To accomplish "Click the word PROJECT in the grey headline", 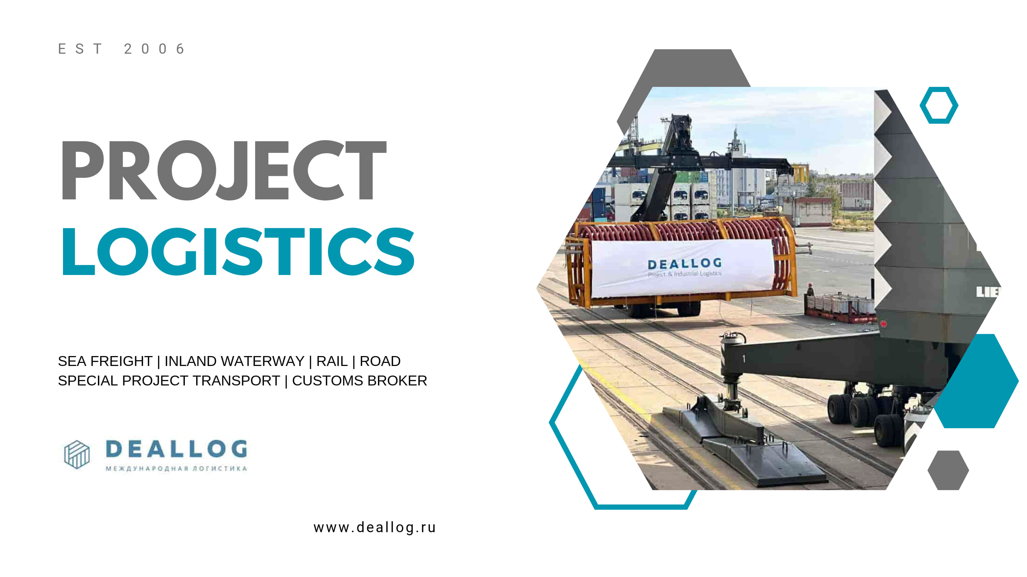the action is tap(224, 170).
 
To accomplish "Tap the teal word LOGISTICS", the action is tap(238, 251).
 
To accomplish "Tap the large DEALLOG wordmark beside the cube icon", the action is tap(176, 449).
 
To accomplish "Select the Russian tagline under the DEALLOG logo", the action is tap(176, 468).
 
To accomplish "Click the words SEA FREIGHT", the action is tap(105, 361).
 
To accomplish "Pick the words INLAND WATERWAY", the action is tap(234, 361).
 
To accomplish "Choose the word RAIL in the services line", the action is tap(332, 361).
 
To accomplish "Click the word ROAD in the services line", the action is tap(380, 361).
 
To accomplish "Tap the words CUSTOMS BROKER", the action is tap(359, 381).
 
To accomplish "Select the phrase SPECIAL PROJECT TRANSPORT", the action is tap(169, 381).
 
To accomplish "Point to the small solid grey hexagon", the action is tap(948, 470).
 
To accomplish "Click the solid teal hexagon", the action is tap(977, 381).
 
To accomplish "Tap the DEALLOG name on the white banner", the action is tap(685, 264).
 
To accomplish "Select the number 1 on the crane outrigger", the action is tap(744, 359).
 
